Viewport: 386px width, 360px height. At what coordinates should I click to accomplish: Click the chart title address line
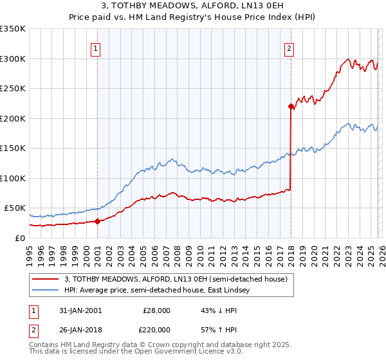[193, 5]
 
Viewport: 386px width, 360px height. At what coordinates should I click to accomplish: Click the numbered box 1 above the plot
[95, 48]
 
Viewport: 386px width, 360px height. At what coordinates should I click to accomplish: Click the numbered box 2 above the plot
[289, 48]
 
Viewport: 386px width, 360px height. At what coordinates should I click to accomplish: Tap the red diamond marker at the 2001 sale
[97, 221]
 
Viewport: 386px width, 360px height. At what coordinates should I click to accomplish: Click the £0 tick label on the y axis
[19, 238]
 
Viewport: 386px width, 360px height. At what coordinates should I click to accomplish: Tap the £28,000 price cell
[156, 310]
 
